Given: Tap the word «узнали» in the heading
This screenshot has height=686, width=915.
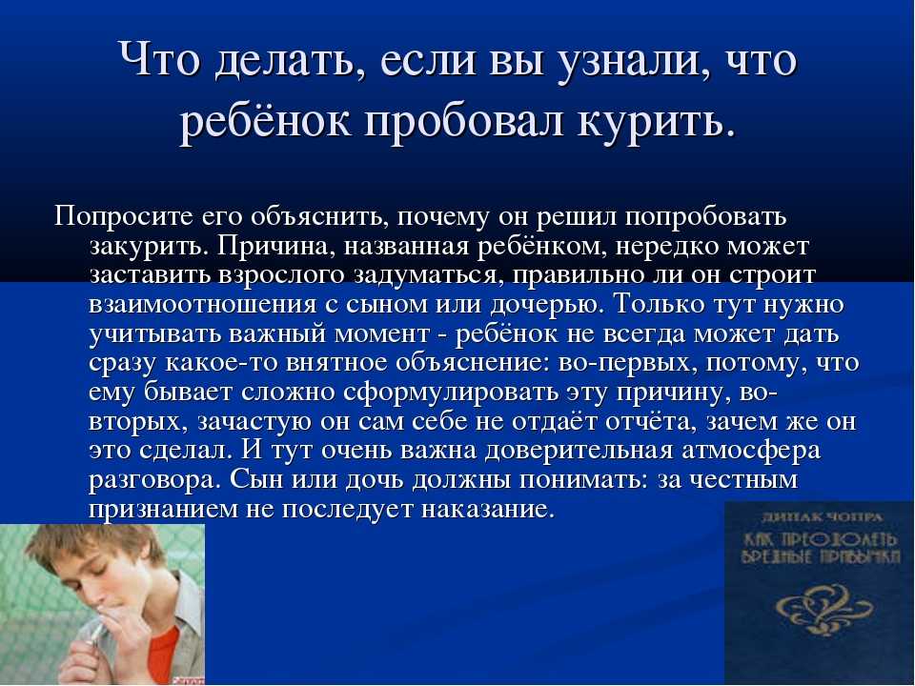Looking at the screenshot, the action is coord(630,61).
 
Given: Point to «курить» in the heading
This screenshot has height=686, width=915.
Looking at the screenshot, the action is coord(656,122).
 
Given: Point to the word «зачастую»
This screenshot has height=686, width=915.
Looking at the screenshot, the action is coord(254,422).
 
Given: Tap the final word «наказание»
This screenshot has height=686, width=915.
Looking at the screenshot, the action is coord(486,510).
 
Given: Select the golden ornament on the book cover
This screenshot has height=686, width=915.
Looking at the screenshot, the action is coord(823,606).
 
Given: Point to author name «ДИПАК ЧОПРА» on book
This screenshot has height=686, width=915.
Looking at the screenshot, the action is coord(823,516).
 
